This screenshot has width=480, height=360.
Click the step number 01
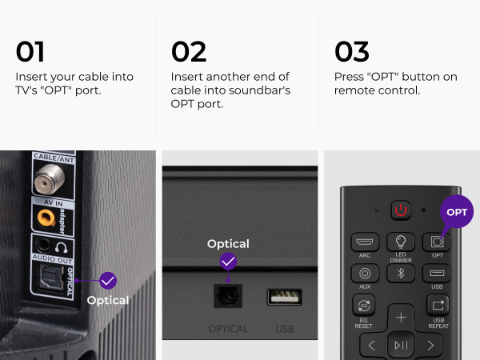pos(30,51)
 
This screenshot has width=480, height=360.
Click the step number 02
pos(189,51)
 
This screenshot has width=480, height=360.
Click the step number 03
pos(352,51)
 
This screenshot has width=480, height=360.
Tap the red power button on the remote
pos(401,210)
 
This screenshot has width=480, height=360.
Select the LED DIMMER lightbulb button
pos(401,242)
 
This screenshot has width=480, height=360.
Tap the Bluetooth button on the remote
pos(401,273)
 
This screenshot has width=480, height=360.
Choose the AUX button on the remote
pos(365,273)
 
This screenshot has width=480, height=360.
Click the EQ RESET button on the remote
pos(363,305)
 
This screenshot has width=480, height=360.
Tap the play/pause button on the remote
pos(401,346)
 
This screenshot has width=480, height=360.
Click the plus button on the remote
pos(401,318)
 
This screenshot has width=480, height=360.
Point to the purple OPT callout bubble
pos(457,212)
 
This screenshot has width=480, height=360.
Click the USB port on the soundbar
pos(284,297)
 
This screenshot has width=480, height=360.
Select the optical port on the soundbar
pos(228,296)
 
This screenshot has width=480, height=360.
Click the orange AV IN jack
pos(46,218)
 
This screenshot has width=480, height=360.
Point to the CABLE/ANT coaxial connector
pos(50,178)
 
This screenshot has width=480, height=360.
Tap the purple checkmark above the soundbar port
pos(228,262)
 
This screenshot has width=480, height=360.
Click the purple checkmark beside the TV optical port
pos(108,281)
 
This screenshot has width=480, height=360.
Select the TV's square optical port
pos(51,277)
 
